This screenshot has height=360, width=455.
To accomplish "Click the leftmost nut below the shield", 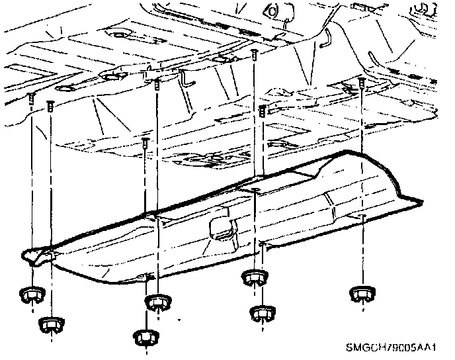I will pos(30,294).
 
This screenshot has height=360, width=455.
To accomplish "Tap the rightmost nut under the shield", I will pos(361,292).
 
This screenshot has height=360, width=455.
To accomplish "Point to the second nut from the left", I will pos(50,324).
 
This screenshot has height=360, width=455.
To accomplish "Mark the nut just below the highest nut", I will pos(263,312).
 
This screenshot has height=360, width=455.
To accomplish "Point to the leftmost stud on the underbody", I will pos(31,98).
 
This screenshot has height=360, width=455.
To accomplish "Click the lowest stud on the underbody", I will pos(145,142).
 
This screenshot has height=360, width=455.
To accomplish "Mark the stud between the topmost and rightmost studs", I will pos(263,109).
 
